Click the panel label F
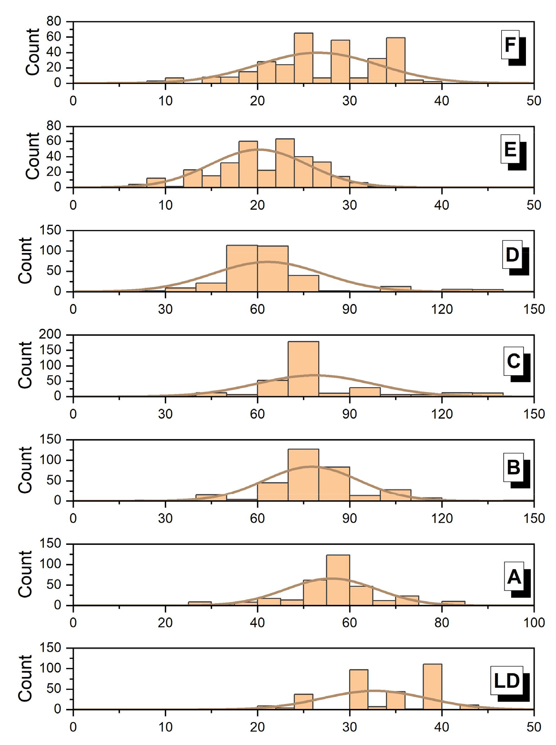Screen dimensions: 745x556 pyautogui.click(x=510, y=45)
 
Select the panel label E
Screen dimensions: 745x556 pyautogui.click(x=510, y=150)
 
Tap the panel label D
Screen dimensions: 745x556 pyautogui.click(x=512, y=255)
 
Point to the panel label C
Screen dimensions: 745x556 pyautogui.click(x=514, y=361)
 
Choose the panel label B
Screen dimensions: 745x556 pyautogui.click(x=514, y=467)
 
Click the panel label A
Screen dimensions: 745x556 pyautogui.click(x=514, y=577)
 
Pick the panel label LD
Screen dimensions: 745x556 pyautogui.click(x=507, y=681)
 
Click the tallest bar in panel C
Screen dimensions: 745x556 pyautogui.click(x=303, y=369)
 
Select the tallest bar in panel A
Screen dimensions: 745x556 pyautogui.click(x=338, y=580)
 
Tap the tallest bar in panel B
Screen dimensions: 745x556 pyautogui.click(x=303, y=474)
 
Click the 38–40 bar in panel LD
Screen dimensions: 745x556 pyautogui.click(x=432, y=686)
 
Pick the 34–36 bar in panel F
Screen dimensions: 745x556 pyautogui.click(x=395, y=60)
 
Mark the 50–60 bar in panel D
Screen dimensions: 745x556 pyautogui.click(x=242, y=268)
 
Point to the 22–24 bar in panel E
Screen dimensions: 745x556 pyautogui.click(x=285, y=163)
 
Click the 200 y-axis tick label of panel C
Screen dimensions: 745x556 pyautogui.click(x=51, y=334)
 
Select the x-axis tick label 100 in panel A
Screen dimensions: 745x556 pyautogui.click(x=534, y=623)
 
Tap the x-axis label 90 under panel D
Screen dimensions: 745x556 pyautogui.click(x=349, y=309)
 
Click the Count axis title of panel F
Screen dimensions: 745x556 pyautogui.click(x=32, y=52)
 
